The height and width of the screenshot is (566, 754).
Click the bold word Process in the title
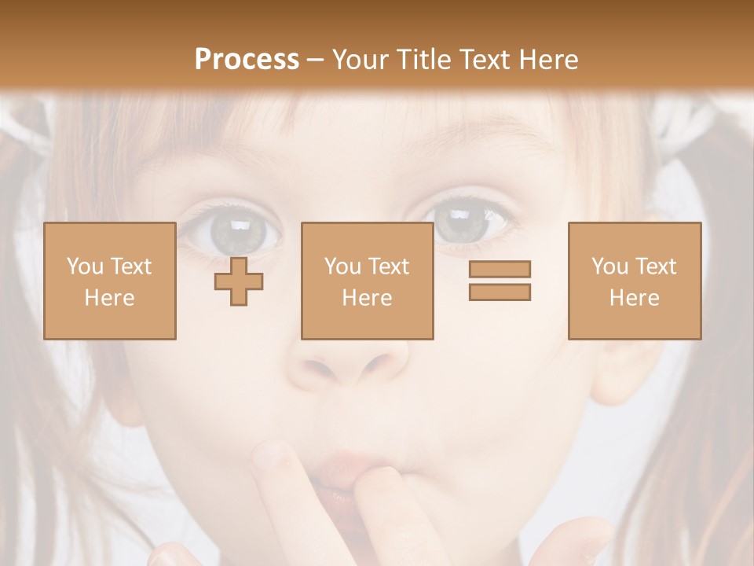coord(247,60)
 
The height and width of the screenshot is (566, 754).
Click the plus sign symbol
coord(239,281)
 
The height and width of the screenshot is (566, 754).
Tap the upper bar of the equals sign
coord(500,269)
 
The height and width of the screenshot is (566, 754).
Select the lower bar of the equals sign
coord(500,292)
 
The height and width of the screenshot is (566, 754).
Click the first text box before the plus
coord(109,281)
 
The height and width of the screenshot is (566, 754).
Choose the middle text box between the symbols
coord(367,281)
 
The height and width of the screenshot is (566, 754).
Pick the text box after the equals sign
coord(634,281)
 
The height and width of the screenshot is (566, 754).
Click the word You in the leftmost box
coord(85,266)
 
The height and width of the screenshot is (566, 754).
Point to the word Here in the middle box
coord(367,298)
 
